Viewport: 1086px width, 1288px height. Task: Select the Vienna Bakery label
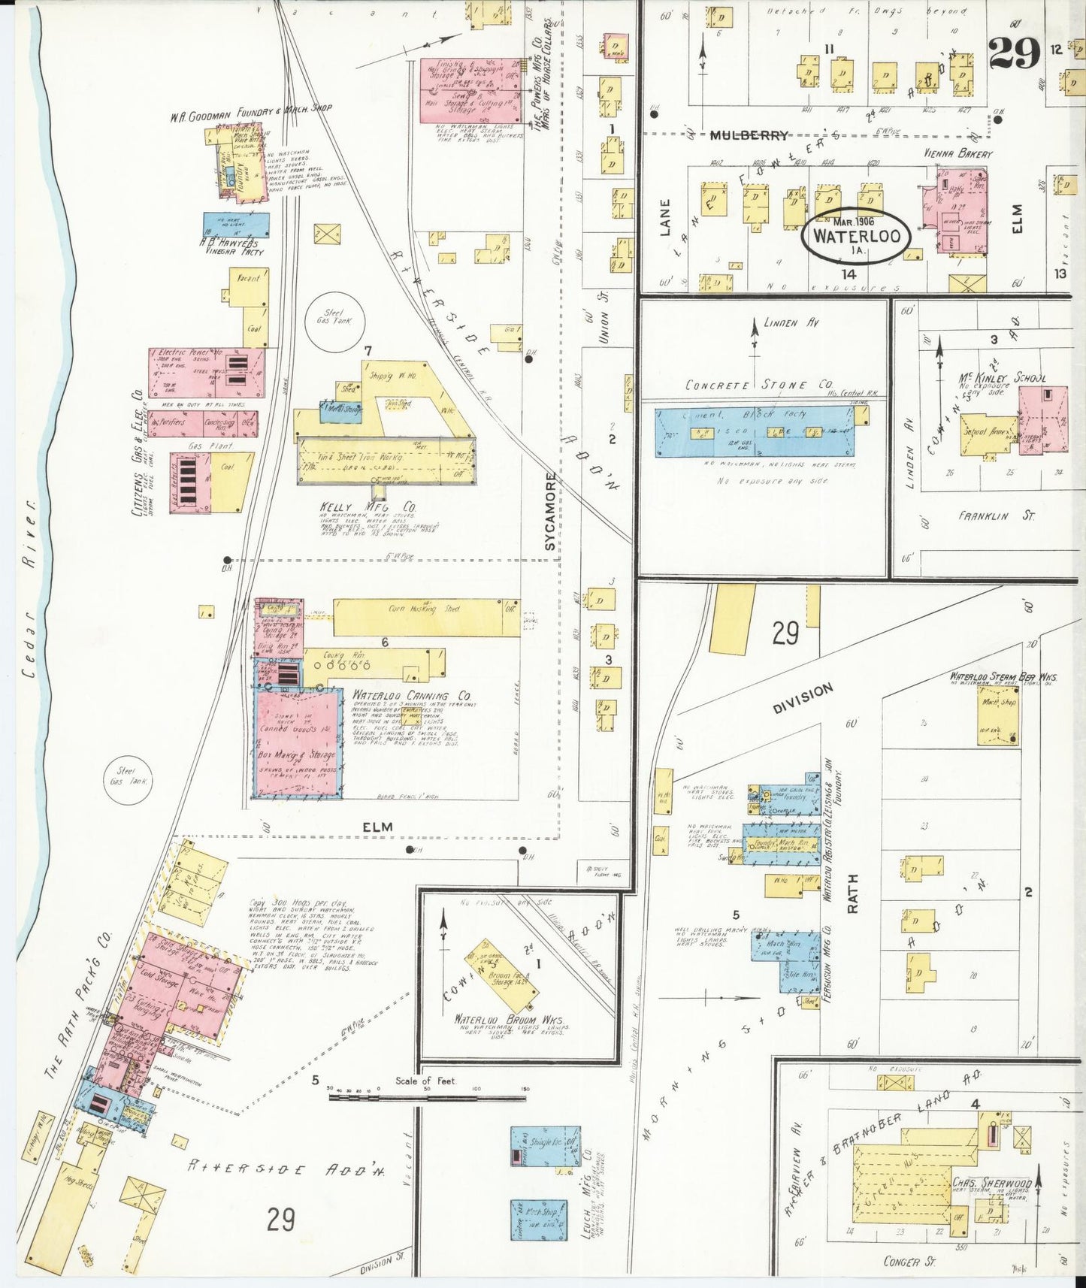(x=959, y=154)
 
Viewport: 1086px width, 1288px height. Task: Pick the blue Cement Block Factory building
(x=755, y=434)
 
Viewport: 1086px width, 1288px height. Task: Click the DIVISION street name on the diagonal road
(x=802, y=697)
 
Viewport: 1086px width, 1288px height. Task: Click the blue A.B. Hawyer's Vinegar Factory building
(x=237, y=224)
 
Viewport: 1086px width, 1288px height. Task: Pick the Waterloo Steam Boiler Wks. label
(x=991, y=677)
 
